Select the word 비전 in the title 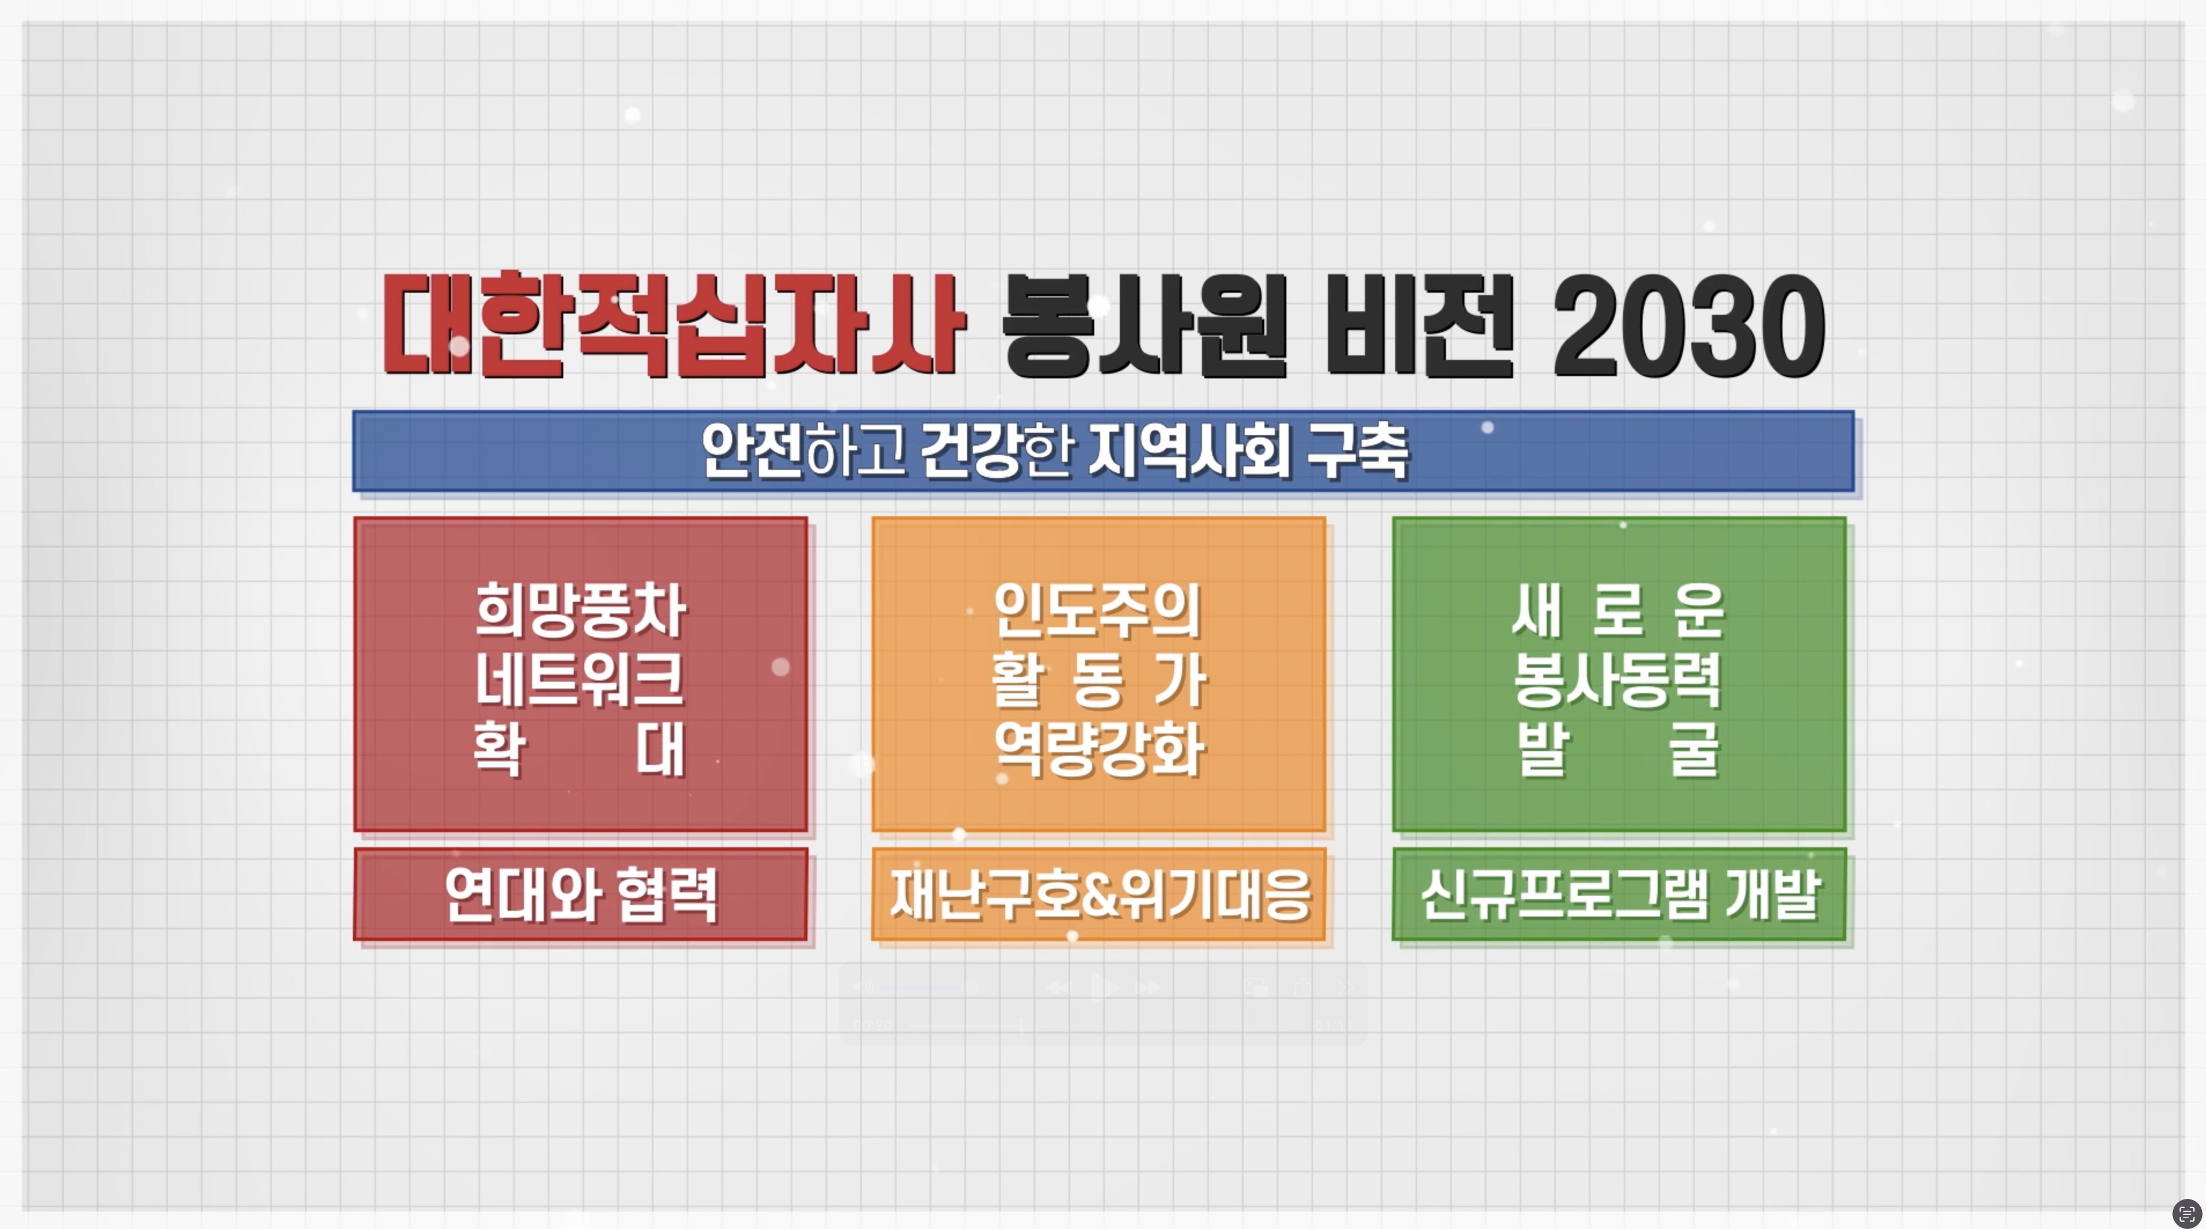tap(1419, 325)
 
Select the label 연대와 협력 tap(581, 895)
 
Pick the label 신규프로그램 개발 tap(1620, 895)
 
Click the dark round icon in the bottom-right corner tap(2187, 1213)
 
